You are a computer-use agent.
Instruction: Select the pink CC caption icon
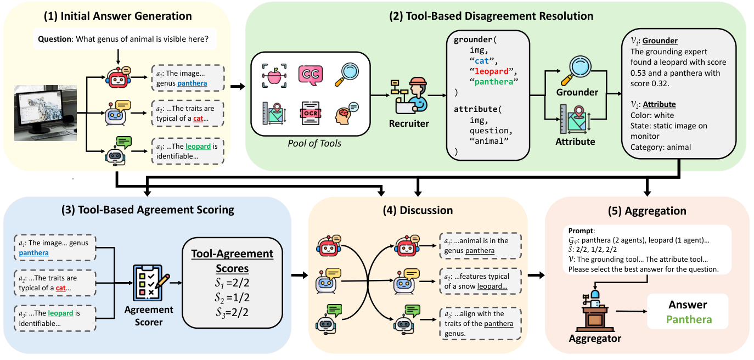point(310,75)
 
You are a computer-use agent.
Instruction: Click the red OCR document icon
point(310,114)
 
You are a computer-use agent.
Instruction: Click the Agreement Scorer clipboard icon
point(149,280)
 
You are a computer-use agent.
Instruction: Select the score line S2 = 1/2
point(231,299)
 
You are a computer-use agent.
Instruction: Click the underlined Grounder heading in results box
point(660,41)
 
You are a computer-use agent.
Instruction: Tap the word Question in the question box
point(56,39)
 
